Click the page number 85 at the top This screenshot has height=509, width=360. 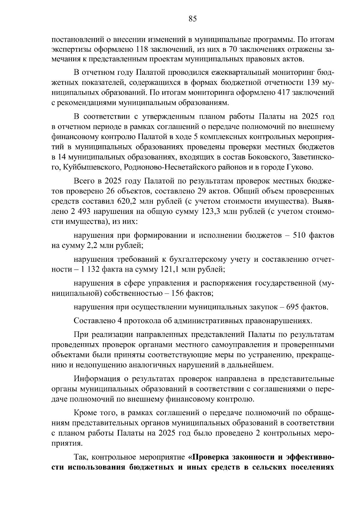[193, 19]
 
